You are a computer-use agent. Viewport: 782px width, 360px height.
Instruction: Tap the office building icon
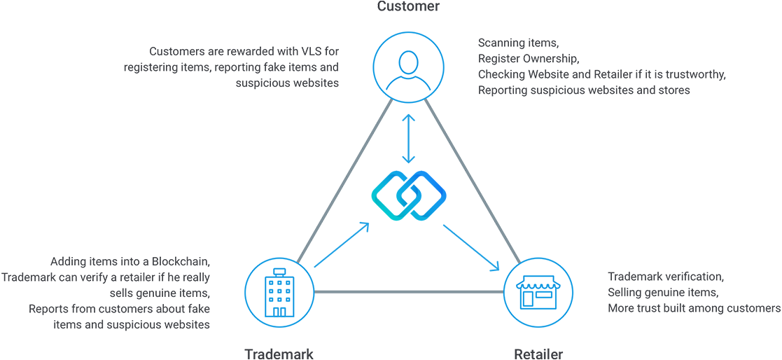point(278,292)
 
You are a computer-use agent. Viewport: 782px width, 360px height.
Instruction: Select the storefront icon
point(536,292)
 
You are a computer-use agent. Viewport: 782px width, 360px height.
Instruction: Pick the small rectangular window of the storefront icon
point(543,297)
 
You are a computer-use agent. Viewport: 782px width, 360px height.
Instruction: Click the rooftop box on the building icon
point(279,271)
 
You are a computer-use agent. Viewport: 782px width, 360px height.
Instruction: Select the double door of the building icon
point(279,310)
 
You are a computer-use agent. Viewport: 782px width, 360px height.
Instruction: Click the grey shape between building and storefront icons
point(407,301)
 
